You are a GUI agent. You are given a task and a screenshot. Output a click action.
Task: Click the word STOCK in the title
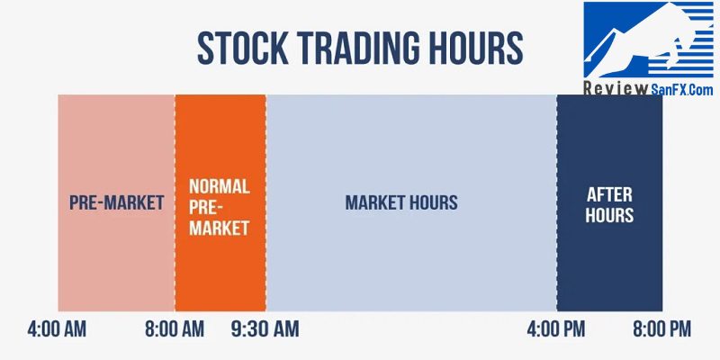(x=243, y=48)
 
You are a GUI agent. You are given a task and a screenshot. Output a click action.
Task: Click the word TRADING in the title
(x=356, y=48)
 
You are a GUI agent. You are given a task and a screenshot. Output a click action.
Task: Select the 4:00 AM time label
(x=57, y=329)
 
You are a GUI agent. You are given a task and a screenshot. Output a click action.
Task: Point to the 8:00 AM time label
(x=175, y=329)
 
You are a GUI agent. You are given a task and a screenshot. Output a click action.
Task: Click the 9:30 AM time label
(x=265, y=329)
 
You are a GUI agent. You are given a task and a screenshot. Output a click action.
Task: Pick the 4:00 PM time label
(x=556, y=329)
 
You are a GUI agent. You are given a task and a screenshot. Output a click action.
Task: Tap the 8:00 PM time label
(x=661, y=329)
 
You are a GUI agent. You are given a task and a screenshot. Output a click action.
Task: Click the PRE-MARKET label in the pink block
(x=117, y=202)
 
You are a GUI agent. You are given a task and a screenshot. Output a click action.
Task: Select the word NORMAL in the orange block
(x=220, y=186)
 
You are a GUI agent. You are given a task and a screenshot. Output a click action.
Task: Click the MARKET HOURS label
(x=401, y=202)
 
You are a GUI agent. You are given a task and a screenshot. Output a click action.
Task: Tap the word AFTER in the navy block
(x=609, y=194)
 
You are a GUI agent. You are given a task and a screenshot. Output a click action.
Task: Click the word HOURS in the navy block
(x=609, y=215)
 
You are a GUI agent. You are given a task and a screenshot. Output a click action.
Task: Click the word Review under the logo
(x=616, y=88)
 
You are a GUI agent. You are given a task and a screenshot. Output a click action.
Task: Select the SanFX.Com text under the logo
(x=681, y=88)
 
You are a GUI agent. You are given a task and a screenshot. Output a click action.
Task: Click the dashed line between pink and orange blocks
(x=175, y=203)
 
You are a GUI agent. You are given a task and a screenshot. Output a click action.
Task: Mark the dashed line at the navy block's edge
(x=557, y=203)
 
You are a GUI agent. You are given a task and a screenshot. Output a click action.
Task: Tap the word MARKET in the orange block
(x=220, y=228)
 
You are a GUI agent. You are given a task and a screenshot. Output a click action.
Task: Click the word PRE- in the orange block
(x=206, y=207)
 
